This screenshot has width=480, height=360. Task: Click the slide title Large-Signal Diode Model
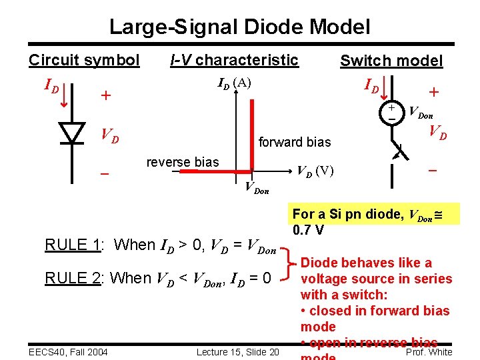coord(239,27)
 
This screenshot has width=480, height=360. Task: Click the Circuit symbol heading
coord(84,61)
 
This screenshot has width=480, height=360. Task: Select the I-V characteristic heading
coord(234,60)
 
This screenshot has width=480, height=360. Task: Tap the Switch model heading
coord(391,61)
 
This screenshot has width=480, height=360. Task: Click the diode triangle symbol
coord(71,133)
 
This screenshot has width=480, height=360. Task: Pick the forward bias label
coord(294,142)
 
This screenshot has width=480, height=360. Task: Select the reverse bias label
coord(182,163)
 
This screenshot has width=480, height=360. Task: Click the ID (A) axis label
coord(235,83)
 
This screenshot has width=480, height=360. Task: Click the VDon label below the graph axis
coord(257,189)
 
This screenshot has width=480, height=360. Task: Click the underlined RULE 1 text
coord(72,245)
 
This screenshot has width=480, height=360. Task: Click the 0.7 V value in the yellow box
coord(309,230)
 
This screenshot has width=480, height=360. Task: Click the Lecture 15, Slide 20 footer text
coord(238,351)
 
